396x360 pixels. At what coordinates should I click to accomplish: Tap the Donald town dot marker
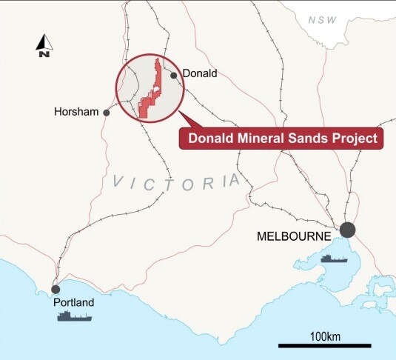click(173, 75)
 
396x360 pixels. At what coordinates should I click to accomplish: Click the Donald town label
click(200, 73)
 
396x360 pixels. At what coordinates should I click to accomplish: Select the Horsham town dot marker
click(107, 113)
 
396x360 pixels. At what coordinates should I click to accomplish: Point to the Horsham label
click(77, 113)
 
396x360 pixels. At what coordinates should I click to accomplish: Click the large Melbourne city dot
click(347, 230)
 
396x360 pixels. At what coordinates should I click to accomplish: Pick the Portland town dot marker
click(56, 289)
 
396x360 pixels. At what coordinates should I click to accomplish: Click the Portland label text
click(73, 302)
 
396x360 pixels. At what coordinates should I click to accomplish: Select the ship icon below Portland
click(75, 316)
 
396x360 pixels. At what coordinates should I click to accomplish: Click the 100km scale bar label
click(323, 336)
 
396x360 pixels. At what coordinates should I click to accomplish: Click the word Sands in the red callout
click(309, 137)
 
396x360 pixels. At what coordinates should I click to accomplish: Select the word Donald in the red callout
click(210, 137)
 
